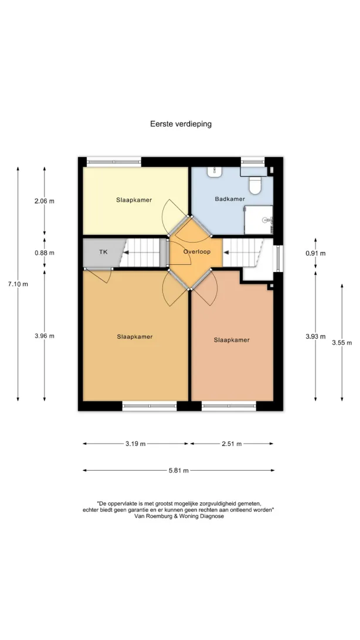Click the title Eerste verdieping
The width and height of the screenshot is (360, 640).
pos(181,124)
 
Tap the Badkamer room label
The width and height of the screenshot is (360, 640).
pos(230,199)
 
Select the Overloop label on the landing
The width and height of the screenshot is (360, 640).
pos(197,252)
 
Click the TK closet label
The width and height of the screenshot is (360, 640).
pos(103,252)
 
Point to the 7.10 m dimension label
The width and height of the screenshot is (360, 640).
pos(18,284)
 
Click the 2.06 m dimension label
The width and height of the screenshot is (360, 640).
pos(45,201)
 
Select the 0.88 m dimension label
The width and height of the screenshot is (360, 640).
pos(45,253)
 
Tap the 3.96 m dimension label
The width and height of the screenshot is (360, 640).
pos(45,336)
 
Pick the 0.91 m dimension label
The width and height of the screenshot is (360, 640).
pos(315,253)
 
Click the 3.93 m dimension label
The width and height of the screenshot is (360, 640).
pos(315,337)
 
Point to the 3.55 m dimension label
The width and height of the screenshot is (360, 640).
pos(342,343)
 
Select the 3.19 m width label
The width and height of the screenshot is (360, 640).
pos(135,444)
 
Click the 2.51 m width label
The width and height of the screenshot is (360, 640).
pos(232,444)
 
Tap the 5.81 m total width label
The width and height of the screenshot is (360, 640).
pos(179,471)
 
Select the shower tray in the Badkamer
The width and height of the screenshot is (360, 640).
pos(259,220)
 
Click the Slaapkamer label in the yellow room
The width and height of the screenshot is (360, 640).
pos(134,200)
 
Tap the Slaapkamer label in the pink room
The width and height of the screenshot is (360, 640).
pos(232,340)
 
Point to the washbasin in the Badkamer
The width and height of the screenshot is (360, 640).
pos(215,172)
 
